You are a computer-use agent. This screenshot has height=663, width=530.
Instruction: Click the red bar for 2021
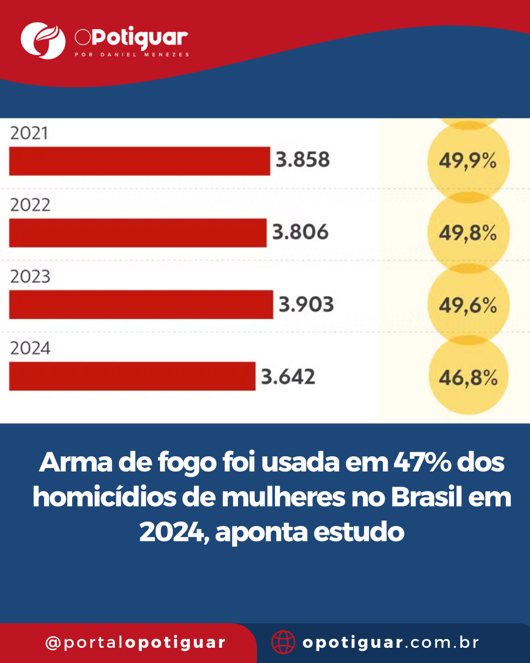[x=139, y=161]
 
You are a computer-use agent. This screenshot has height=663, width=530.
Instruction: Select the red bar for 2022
[x=137, y=233]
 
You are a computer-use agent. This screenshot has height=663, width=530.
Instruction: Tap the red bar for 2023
[x=141, y=304]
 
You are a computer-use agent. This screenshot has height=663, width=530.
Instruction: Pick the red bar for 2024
[x=132, y=376]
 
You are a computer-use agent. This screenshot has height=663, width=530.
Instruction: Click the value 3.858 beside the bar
[x=302, y=160]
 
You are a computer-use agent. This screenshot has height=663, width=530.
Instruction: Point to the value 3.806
[x=300, y=232]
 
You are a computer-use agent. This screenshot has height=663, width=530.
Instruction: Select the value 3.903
[x=306, y=304]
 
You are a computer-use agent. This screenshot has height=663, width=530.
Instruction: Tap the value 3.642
[x=288, y=377]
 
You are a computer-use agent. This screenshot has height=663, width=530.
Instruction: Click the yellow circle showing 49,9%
[x=468, y=161]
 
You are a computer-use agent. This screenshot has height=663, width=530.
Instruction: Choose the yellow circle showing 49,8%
[x=468, y=233]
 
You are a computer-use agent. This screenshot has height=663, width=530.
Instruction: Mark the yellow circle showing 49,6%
[x=468, y=305]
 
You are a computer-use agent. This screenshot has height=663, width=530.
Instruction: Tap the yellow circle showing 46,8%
[x=468, y=378]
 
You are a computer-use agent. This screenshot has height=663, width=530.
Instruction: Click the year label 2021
[x=29, y=134]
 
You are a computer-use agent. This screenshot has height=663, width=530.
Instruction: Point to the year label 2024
[x=30, y=348]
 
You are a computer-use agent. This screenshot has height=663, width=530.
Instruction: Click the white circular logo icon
[x=43, y=41]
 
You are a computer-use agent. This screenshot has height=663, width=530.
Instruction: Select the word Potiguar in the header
[x=139, y=38]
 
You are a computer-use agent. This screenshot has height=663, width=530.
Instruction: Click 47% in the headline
[x=423, y=462]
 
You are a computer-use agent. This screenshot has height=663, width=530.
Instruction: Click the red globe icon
[x=283, y=642]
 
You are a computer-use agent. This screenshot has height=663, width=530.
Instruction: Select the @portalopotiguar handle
[x=135, y=642]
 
